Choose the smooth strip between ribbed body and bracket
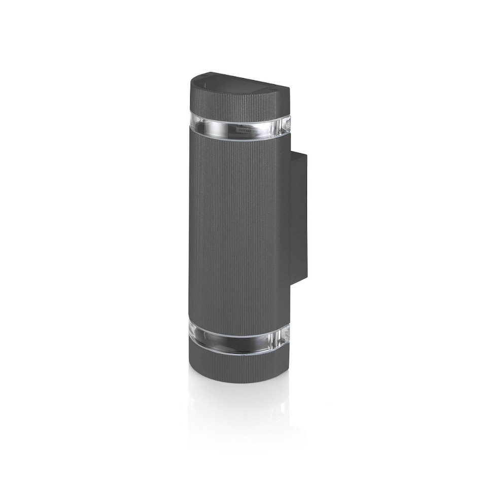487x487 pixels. (286, 228)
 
